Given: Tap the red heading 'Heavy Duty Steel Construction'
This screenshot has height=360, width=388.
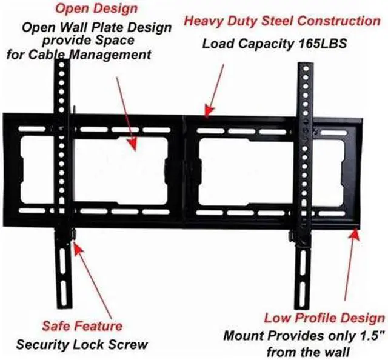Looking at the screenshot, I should click(x=282, y=21).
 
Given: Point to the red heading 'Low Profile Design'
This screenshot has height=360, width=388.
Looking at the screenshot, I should click(x=324, y=318).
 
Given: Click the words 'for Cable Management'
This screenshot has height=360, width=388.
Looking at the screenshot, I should click(x=79, y=55).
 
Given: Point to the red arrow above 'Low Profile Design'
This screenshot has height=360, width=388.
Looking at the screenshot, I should click(x=350, y=267).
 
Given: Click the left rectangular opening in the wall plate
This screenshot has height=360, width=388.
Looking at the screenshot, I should click(x=121, y=171).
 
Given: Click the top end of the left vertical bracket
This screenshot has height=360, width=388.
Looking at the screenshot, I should click(x=65, y=65).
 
